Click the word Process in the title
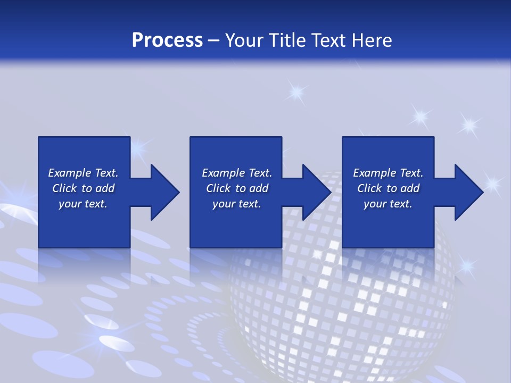click(x=167, y=40)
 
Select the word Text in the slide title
click(x=329, y=40)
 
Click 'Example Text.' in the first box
click(x=83, y=173)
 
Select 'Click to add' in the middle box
click(x=237, y=188)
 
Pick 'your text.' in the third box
click(x=388, y=204)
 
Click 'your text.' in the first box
click(x=83, y=204)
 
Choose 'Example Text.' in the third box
click(x=388, y=173)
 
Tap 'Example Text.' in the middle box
click(x=237, y=173)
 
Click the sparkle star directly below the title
click(x=296, y=93)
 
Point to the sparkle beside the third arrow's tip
click(x=492, y=184)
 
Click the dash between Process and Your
click(x=213, y=41)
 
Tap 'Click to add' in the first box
click(x=83, y=188)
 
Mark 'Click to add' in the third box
click(x=388, y=188)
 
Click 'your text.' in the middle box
click(x=237, y=204)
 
